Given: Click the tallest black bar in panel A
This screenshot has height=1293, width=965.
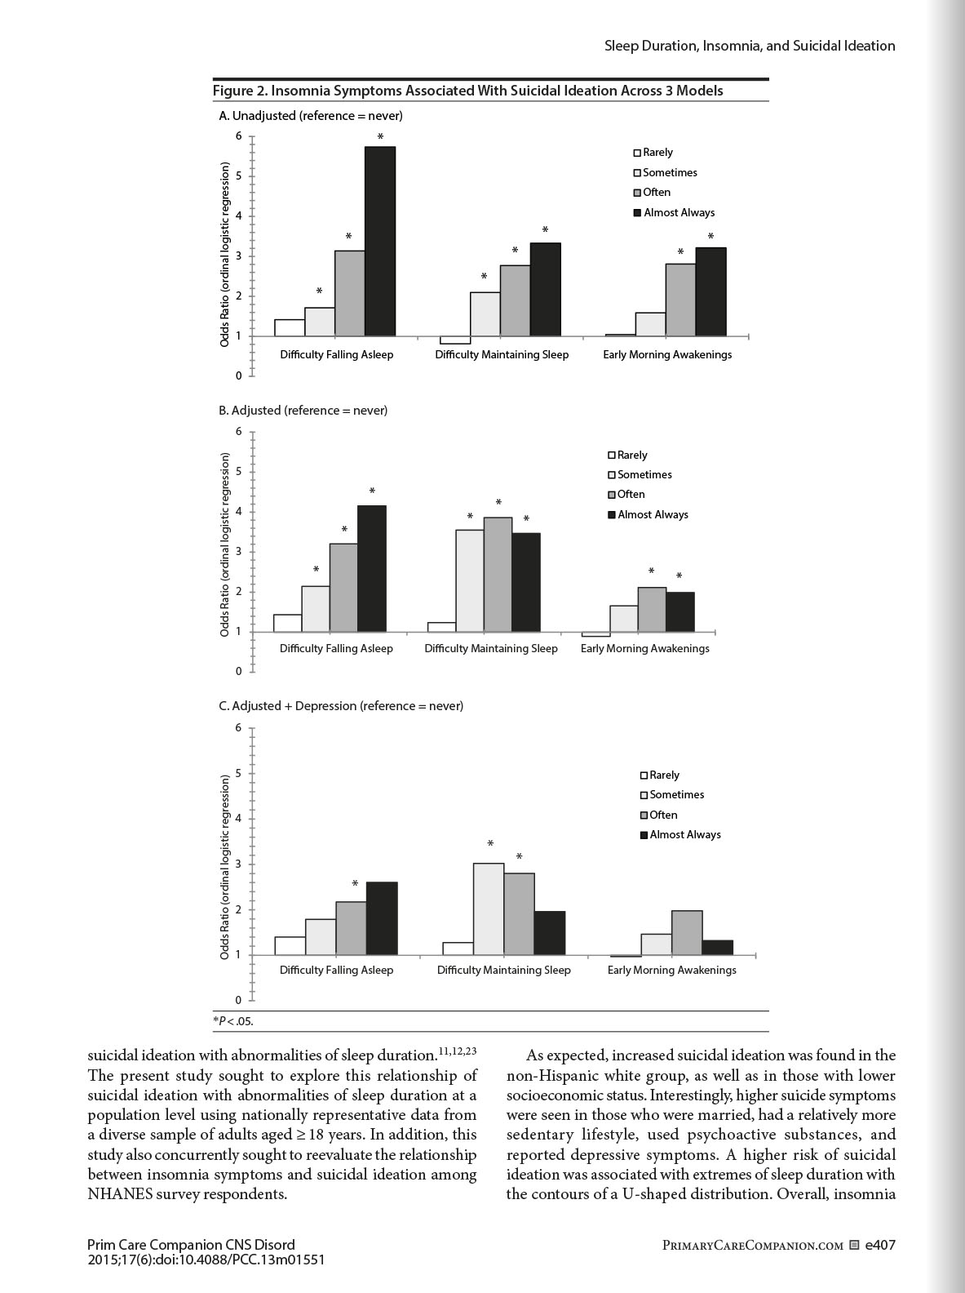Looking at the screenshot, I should click(380, 242).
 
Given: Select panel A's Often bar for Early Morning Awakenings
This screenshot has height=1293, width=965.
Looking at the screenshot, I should click(680, 300).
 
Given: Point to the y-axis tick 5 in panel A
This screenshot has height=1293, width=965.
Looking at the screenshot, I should click(239, 176).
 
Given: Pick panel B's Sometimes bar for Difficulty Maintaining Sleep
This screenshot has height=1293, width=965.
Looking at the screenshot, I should click(470, 580).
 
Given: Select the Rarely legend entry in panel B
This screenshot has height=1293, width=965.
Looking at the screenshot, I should click(627, 455).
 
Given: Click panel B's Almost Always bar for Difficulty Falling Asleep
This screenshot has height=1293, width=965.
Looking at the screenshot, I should click(372, 568).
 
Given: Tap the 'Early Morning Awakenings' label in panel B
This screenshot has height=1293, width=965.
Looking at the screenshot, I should click(644, 649).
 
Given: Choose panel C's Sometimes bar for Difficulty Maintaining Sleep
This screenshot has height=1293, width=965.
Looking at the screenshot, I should click(489, 909).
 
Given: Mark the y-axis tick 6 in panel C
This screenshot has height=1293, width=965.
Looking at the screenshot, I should click(239, 728).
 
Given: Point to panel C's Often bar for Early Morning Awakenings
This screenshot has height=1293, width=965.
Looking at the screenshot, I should click(687, 933).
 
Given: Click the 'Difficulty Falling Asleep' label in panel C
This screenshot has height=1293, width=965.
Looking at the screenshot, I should click(336, 971).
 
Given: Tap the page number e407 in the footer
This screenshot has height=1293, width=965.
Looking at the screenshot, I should click(880, 1246).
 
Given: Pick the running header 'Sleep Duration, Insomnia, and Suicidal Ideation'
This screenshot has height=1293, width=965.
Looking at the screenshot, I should click(750, 46).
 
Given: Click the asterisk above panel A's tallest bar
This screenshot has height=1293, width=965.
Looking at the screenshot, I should click(380, 137).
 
